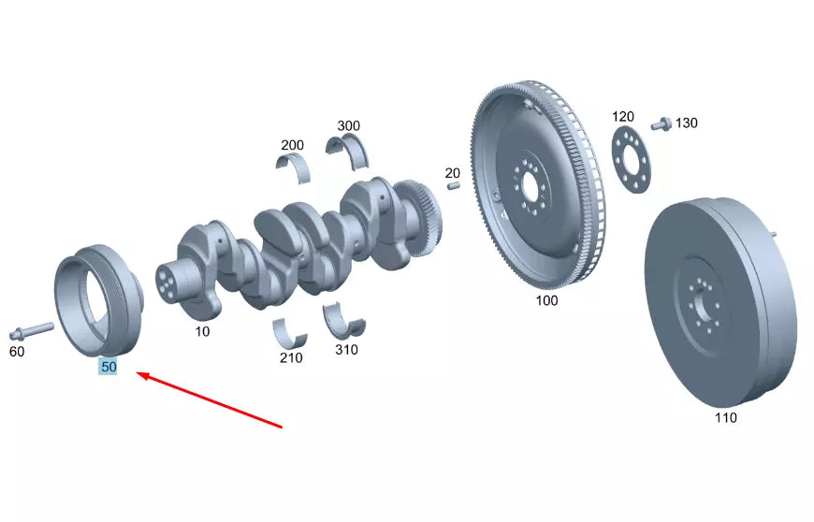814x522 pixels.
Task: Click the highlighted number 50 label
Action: pyautogui.click(x=109, y=368)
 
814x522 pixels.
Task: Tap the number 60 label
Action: pyautogui.click(x=17, y=352)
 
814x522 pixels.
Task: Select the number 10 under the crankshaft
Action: pyautogui.click(x=202, y=331)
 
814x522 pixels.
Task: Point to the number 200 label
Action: pyautogui.click(x=292, y=145)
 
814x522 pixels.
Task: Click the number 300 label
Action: pyautogui.click(x=348, y=125)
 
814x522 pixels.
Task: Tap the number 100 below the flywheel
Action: pyautogui.click(x=546, y=300)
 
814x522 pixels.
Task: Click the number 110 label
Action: pyautogui.click(x=725, y=417)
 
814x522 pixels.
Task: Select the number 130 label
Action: pyautogui.click(x=686, y=123)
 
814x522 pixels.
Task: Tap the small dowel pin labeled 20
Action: pyautogui.click(x=453, y=185)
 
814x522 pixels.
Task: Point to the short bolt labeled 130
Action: pyautogui.click(x=661, y=123)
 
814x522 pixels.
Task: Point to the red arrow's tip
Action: pyautogui.click(x=138, y=373)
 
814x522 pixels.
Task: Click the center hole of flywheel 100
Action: pyautogui.click(x=531, y=186)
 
